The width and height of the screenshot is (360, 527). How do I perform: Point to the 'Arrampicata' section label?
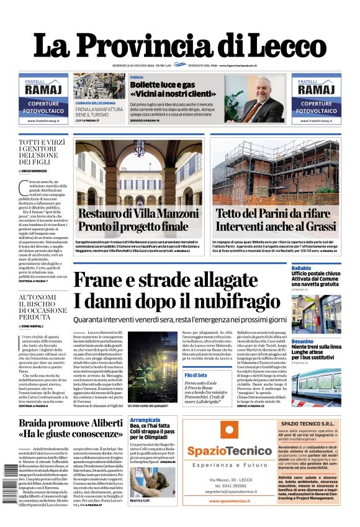(x=145, y=420)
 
